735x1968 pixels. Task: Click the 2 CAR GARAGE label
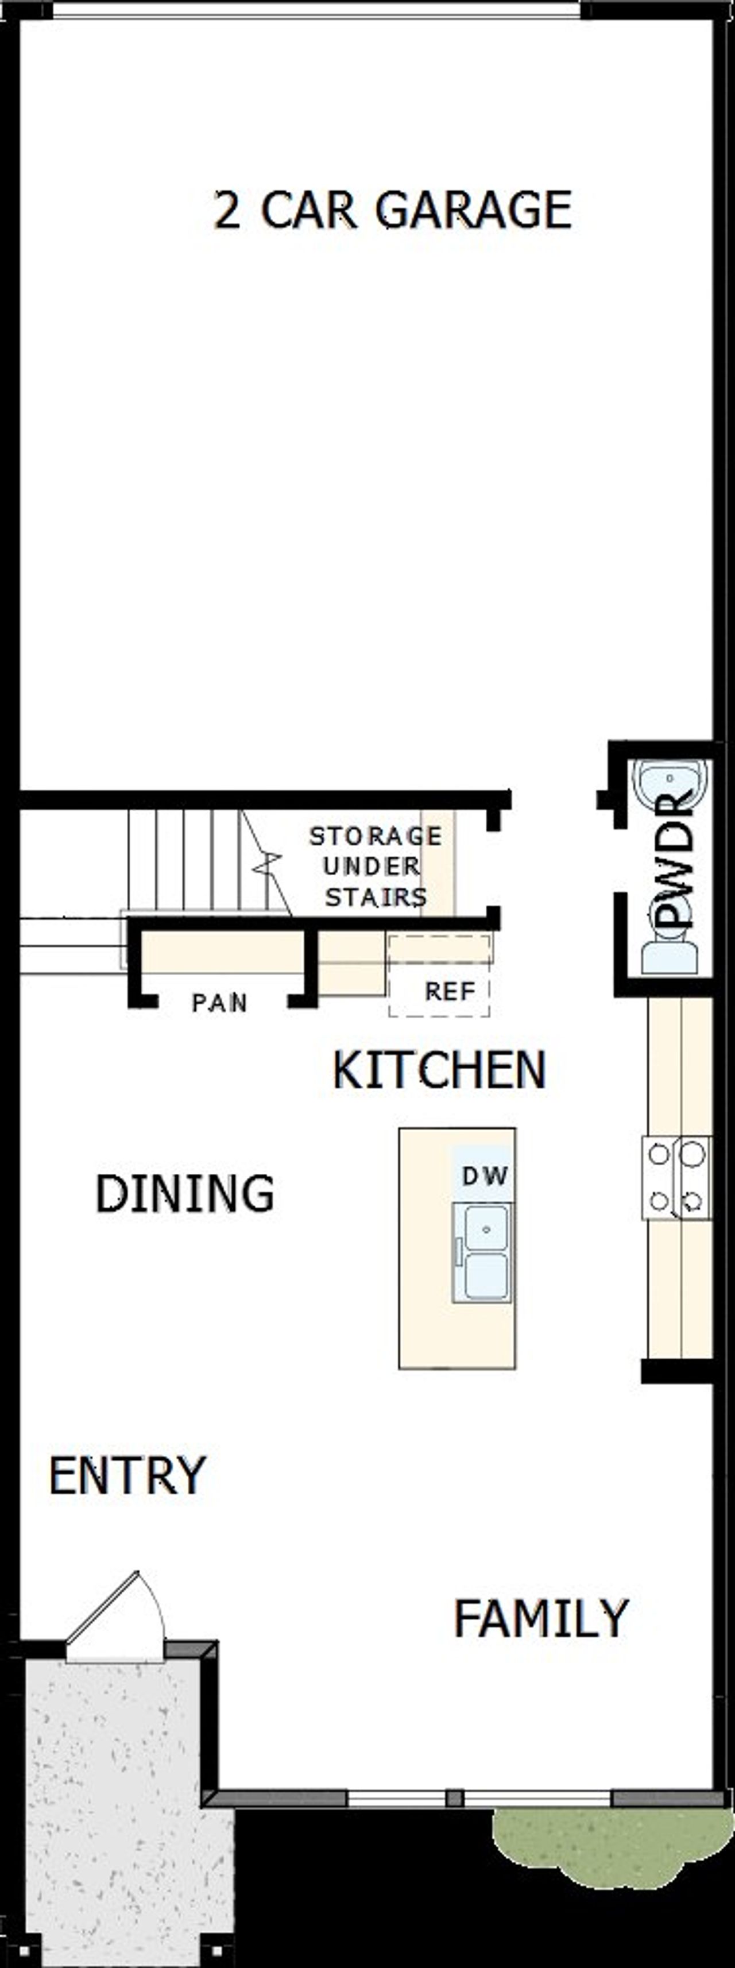tap(393, 210)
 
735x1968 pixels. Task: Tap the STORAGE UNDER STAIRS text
tap(375, 867)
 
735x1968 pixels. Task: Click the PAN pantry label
tap(219, 1002)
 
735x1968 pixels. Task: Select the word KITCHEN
tap(439, 1070)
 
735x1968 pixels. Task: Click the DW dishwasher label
tap(485, 1175)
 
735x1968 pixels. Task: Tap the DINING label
tap(185, 1193)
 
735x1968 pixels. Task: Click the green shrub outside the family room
tap(604, 1841)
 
